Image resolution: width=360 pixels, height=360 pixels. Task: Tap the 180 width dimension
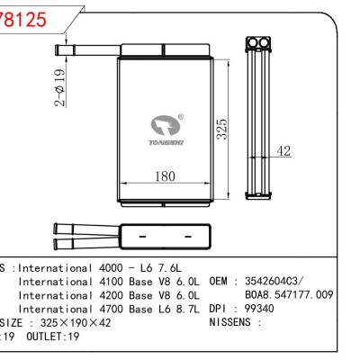[164, 177]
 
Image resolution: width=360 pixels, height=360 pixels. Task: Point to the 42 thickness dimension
[283, 151]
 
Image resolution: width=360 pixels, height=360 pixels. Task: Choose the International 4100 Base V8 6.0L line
[112, 282]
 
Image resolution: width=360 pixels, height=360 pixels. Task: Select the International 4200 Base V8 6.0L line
[112, 294]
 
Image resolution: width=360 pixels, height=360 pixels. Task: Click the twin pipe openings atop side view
[258, 42]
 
